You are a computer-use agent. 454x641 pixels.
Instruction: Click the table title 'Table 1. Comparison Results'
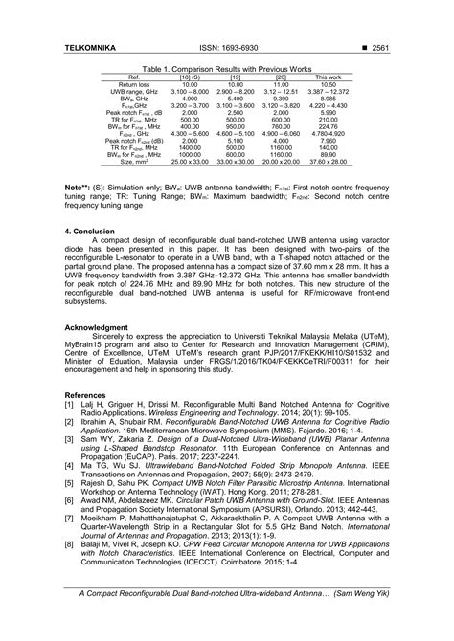[226, 69]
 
